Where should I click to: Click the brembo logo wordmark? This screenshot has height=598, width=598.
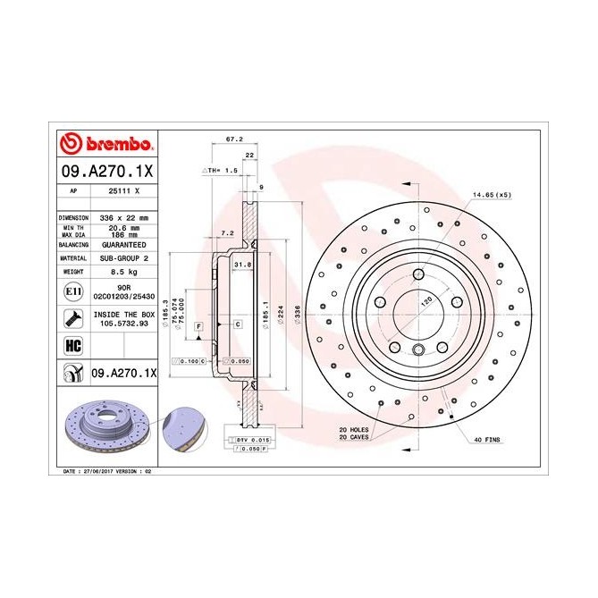click(106, 144)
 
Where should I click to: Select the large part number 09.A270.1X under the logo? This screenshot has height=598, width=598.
click(106, 170)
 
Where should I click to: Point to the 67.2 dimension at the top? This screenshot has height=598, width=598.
click(234, 140)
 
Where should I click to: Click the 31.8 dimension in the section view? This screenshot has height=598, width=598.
click(240, 265)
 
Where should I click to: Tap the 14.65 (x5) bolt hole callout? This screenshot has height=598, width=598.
click(491, 195)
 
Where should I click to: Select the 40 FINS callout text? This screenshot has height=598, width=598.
click(488, 439)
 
